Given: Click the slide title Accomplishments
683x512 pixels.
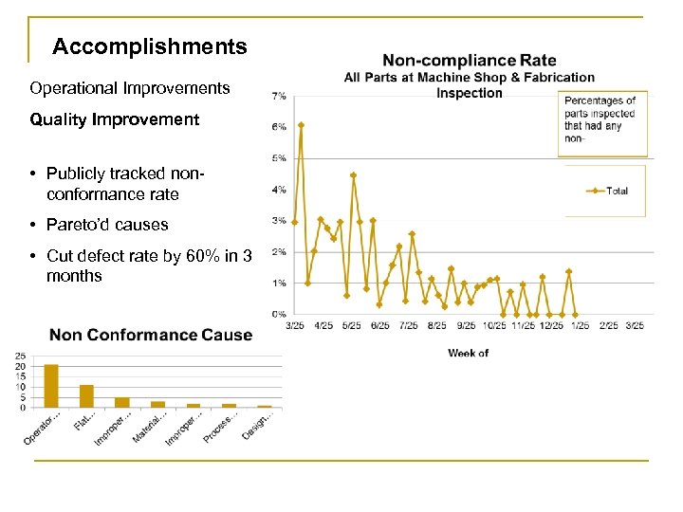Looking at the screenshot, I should point(150,46).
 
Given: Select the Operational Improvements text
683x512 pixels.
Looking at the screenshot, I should point(129,88).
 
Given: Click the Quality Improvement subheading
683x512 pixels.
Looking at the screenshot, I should point(114,119).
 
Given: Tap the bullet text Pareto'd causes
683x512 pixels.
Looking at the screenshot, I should point(105,225).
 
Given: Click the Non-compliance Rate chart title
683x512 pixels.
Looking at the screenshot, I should point(469,62).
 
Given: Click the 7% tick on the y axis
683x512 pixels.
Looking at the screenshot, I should point(280,97).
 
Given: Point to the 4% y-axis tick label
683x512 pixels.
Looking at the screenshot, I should point(280,190).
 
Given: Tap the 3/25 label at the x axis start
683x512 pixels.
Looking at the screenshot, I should point(296,325).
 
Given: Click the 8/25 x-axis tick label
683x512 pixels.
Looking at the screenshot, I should point(437,325).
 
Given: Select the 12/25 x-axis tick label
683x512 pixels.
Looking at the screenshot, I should point(553,325).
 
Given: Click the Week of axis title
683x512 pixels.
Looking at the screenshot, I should point(469,353).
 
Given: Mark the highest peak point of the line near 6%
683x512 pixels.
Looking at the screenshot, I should point(301,124).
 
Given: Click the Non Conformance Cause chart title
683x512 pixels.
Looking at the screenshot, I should point(151,335).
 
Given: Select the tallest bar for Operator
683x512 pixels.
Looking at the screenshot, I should point(51,386).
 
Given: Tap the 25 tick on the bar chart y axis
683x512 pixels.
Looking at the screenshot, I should point(21,357).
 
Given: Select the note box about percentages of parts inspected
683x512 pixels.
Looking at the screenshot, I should point(603,122).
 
